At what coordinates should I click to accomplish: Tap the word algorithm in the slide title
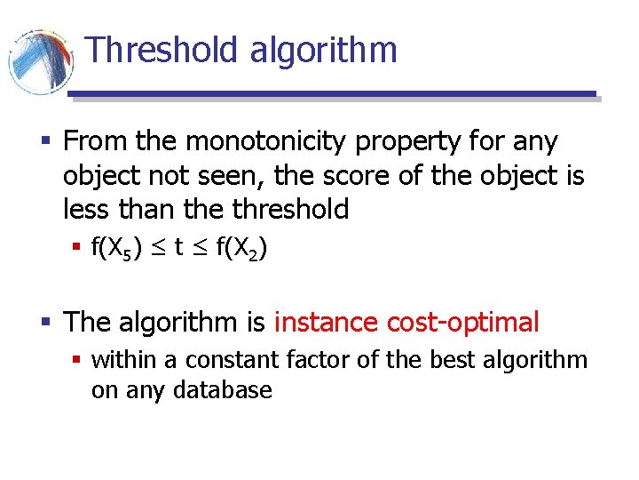click(x=323, y=50)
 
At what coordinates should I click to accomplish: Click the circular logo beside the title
click(x=40, y=60)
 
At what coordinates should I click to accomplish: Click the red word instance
click(x=327, y=322)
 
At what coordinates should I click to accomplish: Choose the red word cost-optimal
click(x=463, y=322)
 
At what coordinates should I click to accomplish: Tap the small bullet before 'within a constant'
click(x=78, y=360)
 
